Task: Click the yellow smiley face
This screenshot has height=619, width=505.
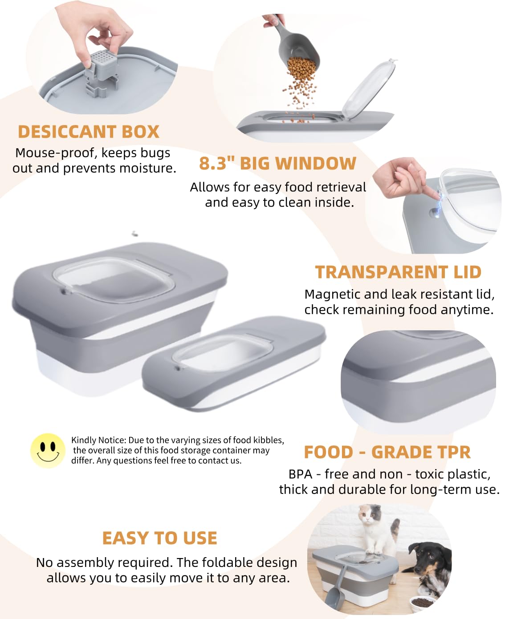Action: click(48, 450)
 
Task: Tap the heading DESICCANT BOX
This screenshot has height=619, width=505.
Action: click(89, 132)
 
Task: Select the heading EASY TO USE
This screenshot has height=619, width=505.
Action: click(159, 538)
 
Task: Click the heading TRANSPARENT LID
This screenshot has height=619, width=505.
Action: click(398, 272)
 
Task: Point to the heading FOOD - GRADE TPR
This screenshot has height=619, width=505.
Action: click(387, 452)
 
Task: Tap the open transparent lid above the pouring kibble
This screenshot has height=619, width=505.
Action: click(369, 88)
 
